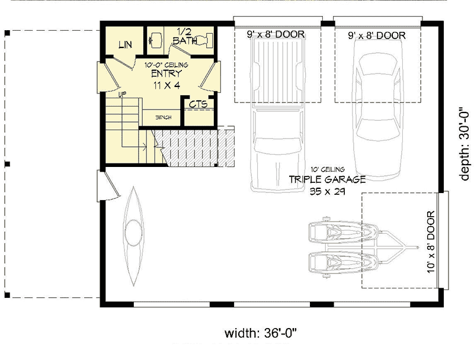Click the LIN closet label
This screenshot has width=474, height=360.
click(125, 44)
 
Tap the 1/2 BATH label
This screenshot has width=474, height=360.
click(184, 36)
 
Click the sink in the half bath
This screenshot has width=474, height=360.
click(155, 40)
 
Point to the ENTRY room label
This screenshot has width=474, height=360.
click(166, 73)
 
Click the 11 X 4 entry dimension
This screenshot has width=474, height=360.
click(166, 85)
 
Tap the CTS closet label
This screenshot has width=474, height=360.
click(198, 104)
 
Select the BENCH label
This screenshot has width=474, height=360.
click(164, 117)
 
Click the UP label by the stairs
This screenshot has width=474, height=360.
click(122, 95)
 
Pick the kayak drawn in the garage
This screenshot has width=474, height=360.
click(133, 236)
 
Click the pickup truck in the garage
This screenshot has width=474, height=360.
click(277, 115)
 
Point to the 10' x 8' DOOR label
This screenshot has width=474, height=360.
click(431, 242)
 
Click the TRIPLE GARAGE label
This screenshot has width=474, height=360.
click(327, 179)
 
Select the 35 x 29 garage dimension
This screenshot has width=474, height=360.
click(328, 191)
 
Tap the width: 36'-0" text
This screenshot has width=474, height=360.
click(261, 333)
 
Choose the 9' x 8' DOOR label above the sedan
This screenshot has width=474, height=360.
click(377, 36)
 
